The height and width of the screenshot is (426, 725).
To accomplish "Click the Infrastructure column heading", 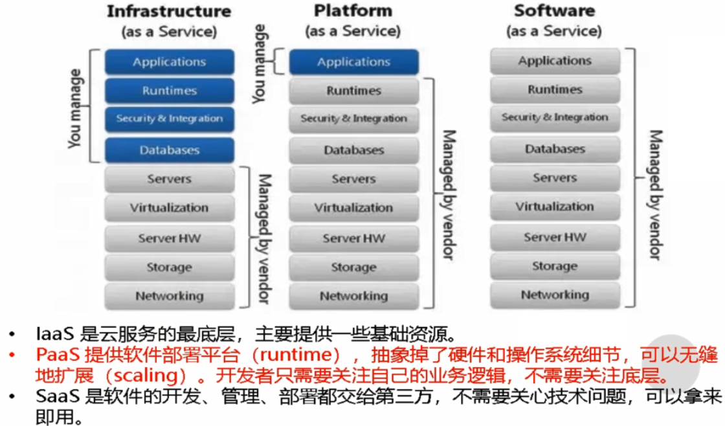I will tap(169, 11).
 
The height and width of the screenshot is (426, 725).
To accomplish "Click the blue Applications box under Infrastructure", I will tap(170, 62).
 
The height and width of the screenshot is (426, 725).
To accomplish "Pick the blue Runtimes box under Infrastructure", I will tap(170, 91).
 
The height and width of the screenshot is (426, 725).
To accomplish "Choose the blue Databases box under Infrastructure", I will tap(170, 150).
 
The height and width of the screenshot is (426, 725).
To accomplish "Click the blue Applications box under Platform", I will tap(353, 62).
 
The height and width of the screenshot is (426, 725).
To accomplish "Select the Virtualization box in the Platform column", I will tap(353, 208).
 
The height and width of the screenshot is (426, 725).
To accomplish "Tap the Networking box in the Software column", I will tap(555, 295).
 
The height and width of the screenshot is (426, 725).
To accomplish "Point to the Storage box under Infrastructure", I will tap(170, 267).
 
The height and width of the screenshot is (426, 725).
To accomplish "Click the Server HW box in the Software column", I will tap(555, 236).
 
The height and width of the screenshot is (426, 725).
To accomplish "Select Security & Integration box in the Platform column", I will tap(353, 119).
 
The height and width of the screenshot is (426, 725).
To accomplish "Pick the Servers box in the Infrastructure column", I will tap(170, 179).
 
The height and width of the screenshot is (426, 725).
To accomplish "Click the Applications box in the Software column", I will tap(555, 61).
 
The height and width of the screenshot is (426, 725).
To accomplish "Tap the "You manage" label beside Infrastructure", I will tap(76, 114).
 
